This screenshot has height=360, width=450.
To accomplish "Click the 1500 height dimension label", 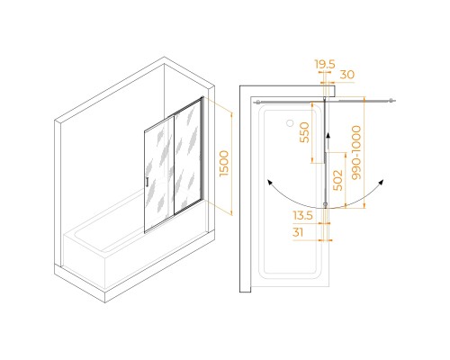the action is [224, 164].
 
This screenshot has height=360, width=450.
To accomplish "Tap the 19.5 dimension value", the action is [325, 64].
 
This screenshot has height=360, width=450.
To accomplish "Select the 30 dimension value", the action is [347, 75].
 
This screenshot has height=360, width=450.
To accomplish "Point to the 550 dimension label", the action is [304, 132].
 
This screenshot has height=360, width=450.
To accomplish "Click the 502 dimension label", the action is [338, 180].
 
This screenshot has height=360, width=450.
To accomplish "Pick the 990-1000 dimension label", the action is [356, 153].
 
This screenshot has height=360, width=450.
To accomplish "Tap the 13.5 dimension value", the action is [303, 215].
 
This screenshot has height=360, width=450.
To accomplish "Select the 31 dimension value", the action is [298, 232].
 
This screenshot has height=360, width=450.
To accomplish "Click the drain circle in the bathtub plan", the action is [290, 122].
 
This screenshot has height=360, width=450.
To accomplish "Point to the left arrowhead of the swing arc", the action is [270, 182].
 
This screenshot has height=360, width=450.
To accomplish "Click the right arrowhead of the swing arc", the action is [382, 182].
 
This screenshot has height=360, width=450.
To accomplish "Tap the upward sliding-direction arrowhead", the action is [328, 135].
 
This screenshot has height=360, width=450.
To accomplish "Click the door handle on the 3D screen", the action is [147, 182].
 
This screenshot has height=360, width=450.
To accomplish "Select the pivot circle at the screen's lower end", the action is [326, 204].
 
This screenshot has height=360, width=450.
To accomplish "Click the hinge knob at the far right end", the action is [391, 100].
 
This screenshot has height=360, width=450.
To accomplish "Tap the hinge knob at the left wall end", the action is [257, 103].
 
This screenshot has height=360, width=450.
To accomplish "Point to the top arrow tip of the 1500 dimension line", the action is [231, 112].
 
